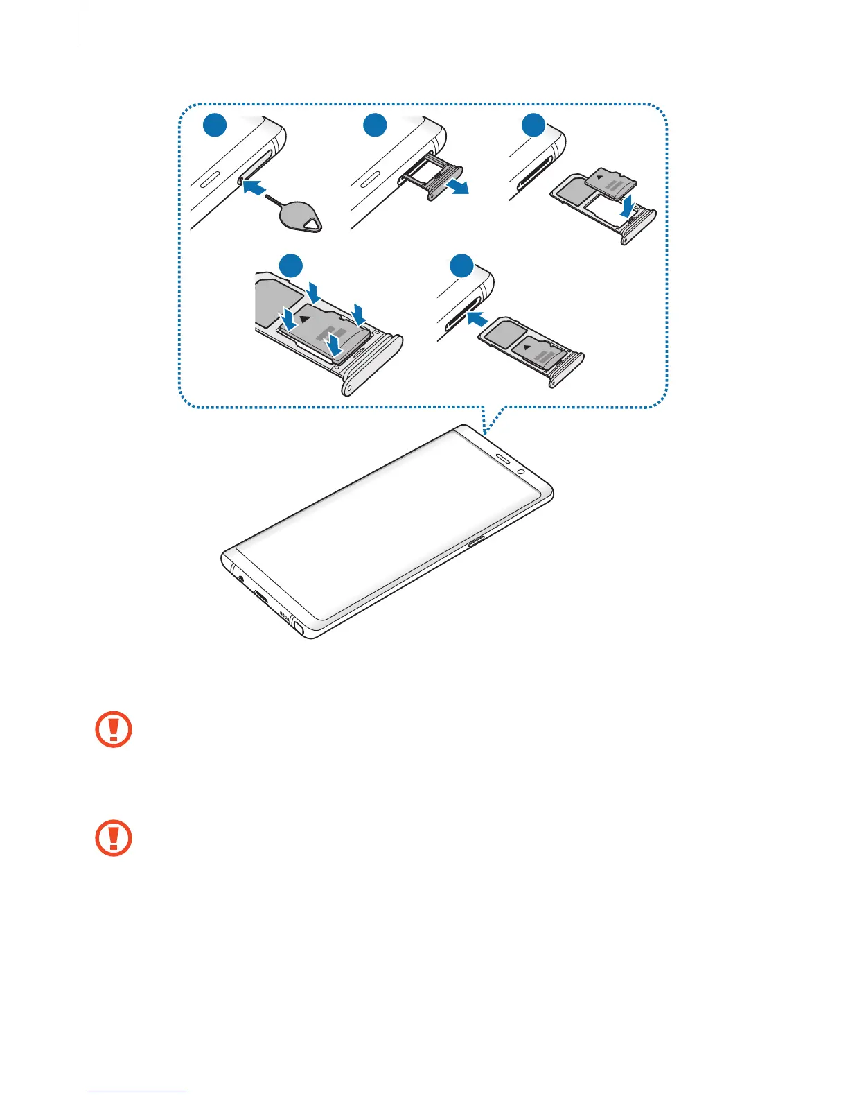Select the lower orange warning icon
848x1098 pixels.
point(113,839)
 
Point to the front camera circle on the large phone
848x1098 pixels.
point(520,471)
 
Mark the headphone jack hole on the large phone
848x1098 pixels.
point(240,577)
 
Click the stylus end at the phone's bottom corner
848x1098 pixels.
point(299,628)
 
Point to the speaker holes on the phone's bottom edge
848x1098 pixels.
point(283,614)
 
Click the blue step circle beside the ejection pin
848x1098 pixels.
point(215,127)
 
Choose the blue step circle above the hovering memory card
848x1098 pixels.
point(533,127)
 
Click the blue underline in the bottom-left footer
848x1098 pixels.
point(137,1092)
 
